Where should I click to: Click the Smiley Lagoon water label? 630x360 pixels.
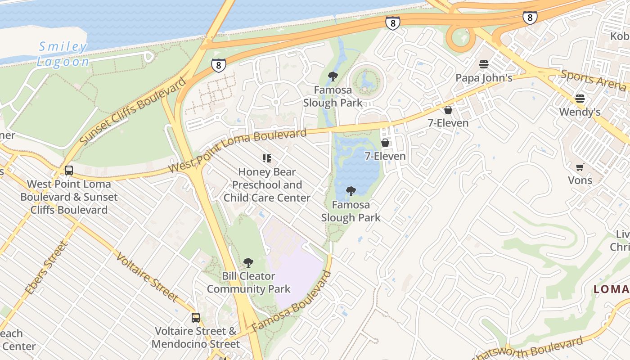(63, 54)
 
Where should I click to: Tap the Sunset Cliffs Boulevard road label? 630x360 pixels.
(133, 111)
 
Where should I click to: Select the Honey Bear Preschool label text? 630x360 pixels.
(267, 185)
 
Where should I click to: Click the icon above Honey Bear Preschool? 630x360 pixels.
(267, 158)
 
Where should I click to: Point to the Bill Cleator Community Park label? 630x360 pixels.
(248, 283)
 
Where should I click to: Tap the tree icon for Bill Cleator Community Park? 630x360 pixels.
(248, 263)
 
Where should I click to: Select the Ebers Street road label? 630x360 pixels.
(46, 268)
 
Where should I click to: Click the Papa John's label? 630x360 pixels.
(484, 78)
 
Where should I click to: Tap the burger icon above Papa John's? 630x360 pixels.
(484, 64)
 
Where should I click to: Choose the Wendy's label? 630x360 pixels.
(580, 112)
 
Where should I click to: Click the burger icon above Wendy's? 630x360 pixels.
(580, 99)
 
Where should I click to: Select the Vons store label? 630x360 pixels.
(580, 180)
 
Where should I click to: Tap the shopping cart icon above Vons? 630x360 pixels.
(580, 167)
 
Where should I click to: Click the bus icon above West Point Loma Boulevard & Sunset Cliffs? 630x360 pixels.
(69, 171)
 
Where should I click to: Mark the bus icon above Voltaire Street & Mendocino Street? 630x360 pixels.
(196, 318)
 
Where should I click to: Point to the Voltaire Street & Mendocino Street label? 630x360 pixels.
(196, 337)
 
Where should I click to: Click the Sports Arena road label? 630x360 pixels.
(593, 80)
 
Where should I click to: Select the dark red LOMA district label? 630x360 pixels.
(612, 289)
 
